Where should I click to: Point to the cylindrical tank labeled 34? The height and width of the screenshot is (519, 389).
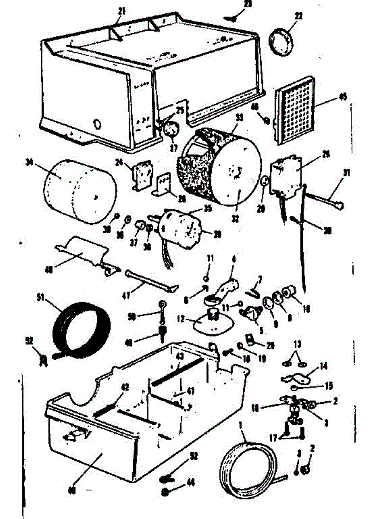80,192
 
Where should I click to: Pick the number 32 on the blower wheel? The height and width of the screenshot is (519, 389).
235,219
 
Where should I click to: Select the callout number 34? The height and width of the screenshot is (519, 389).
30,163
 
